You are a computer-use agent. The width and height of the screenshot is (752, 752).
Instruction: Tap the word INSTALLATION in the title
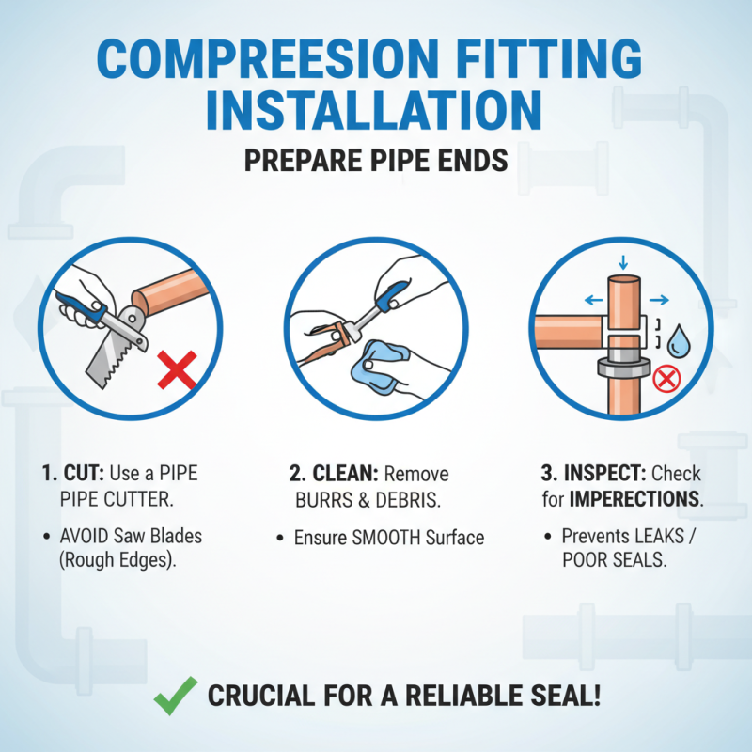tap(374, 109)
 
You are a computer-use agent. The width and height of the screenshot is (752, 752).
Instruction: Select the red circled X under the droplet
tap(666, 380)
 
